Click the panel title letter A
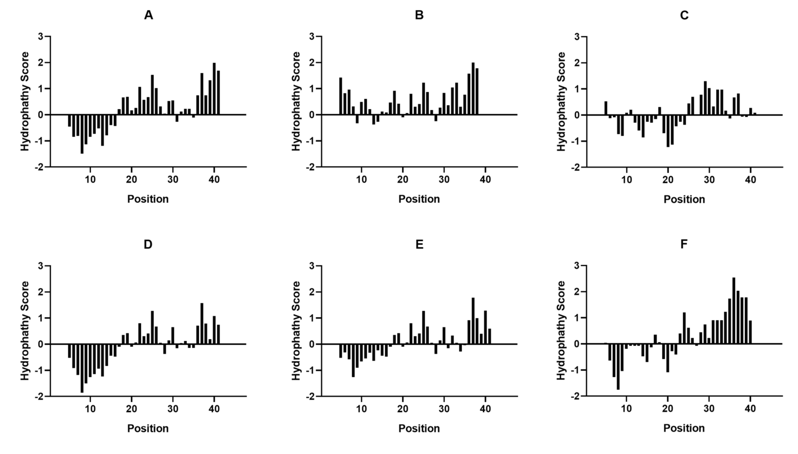[x=148, y=15]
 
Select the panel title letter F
[x=684, y=244]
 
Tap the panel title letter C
[x=684, y=15]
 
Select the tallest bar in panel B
[x=473, y=89]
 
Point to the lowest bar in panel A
[x=82, y=134]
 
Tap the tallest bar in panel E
[x=473, y=321]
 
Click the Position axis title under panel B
[x=419, y=199]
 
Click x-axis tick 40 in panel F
[x=750, y=408]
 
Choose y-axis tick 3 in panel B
[x=312, y=37]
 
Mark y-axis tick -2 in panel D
[x=39, y=396]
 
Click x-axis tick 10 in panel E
[x=361, y=408]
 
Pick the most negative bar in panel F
[x=618, y=366]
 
